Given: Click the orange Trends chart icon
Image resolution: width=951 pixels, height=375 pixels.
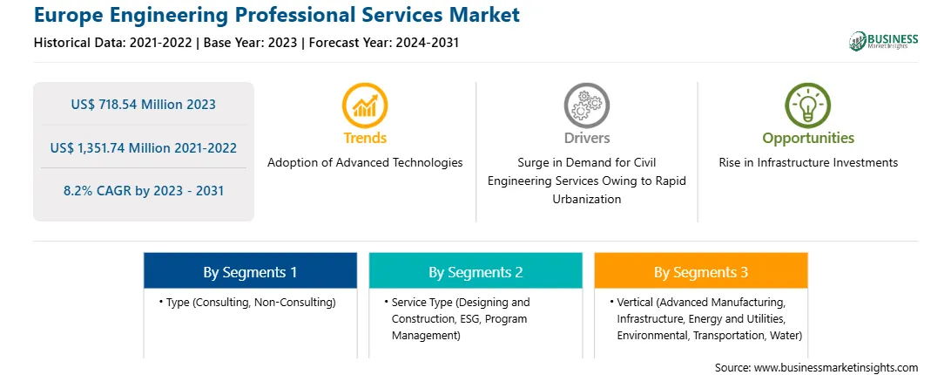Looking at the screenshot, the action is click(x=365, y=106).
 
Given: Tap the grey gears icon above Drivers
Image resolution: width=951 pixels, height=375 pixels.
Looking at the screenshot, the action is click(x=586, y=106).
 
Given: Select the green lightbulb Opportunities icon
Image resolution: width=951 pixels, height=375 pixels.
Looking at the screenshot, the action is click(x=808, y=106).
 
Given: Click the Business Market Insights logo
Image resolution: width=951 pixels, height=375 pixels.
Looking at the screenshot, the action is click(x=884, y=41).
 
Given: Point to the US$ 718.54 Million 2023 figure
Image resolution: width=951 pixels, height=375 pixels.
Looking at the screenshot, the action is click(x=143, y=105).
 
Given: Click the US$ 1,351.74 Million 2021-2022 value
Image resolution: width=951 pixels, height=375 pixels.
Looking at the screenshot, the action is click(x=144, y=147).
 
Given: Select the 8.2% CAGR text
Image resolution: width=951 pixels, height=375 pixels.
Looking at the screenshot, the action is click(x=144, y=191).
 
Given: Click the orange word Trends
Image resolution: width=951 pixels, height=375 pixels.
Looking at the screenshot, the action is click(x=365, y=138).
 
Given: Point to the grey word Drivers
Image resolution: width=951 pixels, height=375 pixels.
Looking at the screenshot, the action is click(x=587, y=138).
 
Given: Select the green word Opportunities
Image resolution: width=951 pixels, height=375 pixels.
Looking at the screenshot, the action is click(x=808, y=138).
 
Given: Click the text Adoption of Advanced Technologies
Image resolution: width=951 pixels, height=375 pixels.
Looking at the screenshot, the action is click(x=365, y=162).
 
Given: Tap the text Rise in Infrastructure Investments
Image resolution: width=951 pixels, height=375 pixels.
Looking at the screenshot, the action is click(x=808, y=162).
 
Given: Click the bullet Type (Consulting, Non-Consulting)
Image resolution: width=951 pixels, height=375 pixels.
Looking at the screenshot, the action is click(x=247, y=302).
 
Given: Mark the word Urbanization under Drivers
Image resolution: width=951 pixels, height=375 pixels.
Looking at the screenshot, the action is click(x=586, y=199).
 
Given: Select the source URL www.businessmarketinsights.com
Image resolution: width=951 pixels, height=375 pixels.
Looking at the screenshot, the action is click(x=836, y=367).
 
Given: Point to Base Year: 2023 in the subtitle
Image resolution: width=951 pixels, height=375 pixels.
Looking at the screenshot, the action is click(x=251, y=43).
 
